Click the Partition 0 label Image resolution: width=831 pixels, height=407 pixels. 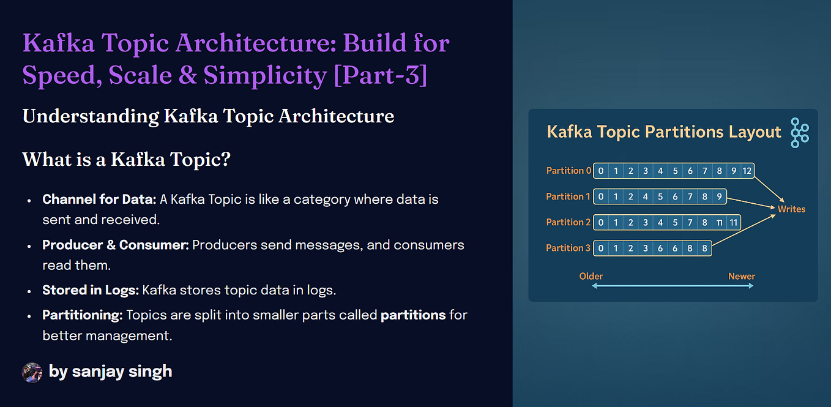[x=568, y=171]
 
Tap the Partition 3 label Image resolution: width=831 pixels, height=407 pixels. [x=568, y=248]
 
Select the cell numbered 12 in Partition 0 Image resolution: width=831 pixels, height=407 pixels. [x=748, y=171]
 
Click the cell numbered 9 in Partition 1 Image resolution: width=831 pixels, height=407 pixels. [x=720, y=196]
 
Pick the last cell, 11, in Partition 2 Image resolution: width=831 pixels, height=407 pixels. [x=734, y=222]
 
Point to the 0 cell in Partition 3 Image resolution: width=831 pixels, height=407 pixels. [x=601, y=248]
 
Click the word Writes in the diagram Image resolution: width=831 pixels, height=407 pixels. [x=791, y=209]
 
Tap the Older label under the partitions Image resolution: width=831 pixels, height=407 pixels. [x=591, y=276]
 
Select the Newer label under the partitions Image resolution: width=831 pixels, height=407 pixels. [x=741, y=276]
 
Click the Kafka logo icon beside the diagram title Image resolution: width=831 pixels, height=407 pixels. [x=799, y=132]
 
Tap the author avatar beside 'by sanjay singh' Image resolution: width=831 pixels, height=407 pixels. [x=32, y=372]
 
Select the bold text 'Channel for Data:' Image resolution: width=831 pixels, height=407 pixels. [x=99, y=200]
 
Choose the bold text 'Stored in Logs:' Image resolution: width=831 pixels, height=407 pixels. [x=90, y=290]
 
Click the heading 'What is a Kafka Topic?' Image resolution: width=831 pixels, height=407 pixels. [x=126, y=159]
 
